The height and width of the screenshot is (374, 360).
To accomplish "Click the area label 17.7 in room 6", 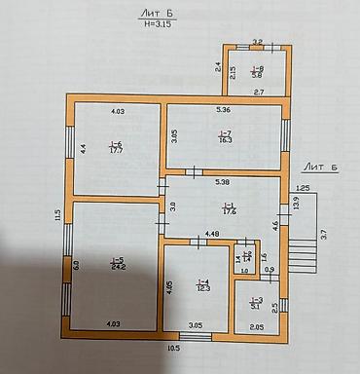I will click(116, 151).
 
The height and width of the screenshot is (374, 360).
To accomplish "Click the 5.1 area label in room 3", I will click(255, 305).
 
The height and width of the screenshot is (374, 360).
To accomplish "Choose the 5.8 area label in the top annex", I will click(257, 73).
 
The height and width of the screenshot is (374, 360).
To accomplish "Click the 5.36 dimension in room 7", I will click(223, 110).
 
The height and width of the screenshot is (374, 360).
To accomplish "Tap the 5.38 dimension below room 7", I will click(221, 182).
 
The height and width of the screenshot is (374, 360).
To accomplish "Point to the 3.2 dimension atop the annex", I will click(258, 42).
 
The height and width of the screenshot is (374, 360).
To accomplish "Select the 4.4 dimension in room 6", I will click(84, 148).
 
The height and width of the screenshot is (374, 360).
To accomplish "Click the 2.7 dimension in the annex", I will click(260, 92).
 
